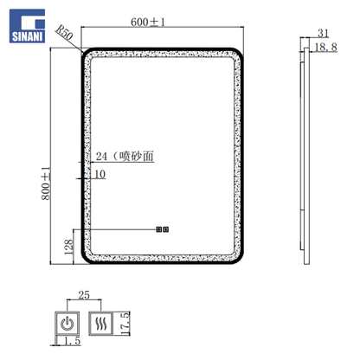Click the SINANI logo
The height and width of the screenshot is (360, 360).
coord(27,26)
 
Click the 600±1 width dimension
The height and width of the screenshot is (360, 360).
coord(148,22)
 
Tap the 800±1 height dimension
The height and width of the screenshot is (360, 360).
coord(46,183)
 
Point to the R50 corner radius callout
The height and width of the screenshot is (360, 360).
coord(64,32)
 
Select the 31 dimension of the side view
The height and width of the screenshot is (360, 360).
coord(323,34)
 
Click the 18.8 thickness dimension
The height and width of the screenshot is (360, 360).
coord(325,47)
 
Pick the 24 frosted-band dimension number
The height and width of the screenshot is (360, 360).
coord(101,157)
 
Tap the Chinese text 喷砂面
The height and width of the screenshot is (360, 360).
coord(136,156)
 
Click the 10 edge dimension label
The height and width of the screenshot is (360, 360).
coord(100,174)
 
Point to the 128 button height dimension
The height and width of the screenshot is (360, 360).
coord(68,247)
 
